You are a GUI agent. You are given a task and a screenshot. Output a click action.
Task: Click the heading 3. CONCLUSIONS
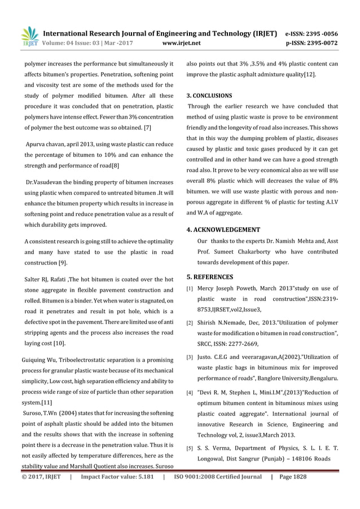tap(209, 95)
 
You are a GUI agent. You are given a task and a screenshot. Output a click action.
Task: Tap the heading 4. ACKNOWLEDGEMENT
tap(223, 230)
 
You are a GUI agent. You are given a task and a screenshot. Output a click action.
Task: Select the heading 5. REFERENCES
tap(209, 277)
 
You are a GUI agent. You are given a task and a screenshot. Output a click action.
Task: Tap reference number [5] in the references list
tap(190, 449)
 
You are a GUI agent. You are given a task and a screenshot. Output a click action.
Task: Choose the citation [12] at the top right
tap(309, 74)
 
